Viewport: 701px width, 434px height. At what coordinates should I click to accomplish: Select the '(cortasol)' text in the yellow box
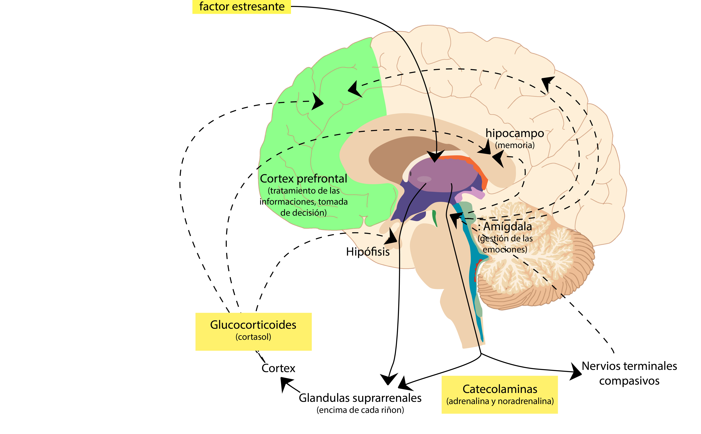click(253, 337)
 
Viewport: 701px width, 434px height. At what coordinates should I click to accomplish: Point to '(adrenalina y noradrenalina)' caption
click(500, 401)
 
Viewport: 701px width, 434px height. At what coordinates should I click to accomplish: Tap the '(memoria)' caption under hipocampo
click(515, 145)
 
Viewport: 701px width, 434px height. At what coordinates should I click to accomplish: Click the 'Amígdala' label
click(507, 226)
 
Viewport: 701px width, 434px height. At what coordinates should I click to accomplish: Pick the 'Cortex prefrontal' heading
click(303, 179)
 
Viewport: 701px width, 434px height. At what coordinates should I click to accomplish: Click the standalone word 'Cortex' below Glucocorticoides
click(278, 368)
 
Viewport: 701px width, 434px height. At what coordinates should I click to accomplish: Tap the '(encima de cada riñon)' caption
click(360, 410)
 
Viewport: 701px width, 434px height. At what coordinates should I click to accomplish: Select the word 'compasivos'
click(629, 381)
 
